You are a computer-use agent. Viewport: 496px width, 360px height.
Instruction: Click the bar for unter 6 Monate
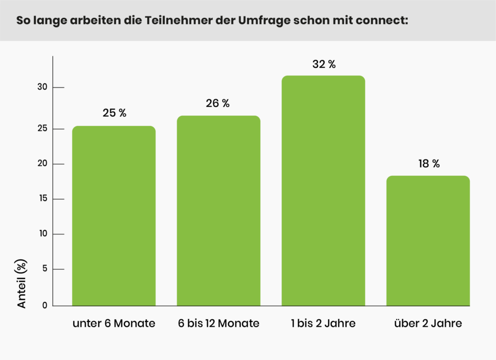[x=114, y=216]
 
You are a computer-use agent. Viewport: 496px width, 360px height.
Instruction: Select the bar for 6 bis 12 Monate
[x=218, y=211]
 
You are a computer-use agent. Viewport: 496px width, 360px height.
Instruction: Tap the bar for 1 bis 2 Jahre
[x=323, y=191]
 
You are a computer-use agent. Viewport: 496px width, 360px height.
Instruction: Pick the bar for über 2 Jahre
[x=428, y=241]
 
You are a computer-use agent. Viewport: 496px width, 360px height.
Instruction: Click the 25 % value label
[x=114, y=113]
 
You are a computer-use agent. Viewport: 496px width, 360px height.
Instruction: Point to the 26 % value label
[x=218, y=103]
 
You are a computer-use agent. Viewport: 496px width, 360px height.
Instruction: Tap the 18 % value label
[x=429, y=164]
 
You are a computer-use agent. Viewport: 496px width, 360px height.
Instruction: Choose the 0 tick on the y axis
[x=45, y=305]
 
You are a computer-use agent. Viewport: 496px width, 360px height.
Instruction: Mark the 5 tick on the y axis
[x=44, y=269]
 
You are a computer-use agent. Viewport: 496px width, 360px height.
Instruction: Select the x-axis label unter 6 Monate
[x=114, y=324]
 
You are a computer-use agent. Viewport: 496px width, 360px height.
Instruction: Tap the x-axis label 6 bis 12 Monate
[x=218, y=324]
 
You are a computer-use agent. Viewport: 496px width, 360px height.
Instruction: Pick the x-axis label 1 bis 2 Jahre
[x=323, y=324]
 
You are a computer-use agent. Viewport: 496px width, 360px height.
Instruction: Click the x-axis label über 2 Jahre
[x=428, y=324]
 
